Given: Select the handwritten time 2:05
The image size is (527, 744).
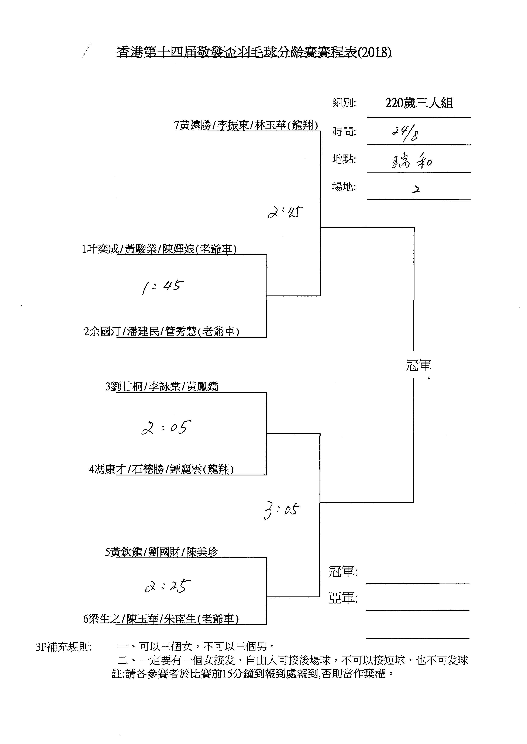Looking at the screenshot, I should coord(165,428).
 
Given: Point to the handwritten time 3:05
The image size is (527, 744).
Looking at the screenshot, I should coord(282,510).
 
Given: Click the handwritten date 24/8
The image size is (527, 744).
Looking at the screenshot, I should coord(405,133).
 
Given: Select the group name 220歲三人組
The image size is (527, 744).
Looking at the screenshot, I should coord(419,103).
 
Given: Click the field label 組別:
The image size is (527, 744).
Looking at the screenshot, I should coord(344,103).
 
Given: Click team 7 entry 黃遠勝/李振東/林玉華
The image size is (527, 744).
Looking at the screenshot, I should coord(246,125).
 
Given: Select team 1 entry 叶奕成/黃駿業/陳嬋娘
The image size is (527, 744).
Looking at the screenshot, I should coord(159,249).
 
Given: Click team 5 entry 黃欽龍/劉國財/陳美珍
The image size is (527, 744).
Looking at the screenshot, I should coord(161,552).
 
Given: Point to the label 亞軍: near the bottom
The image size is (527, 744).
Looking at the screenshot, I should coord(343,598).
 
